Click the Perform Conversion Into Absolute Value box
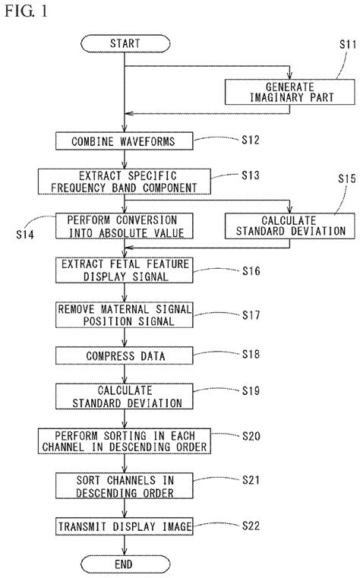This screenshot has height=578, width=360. (125, 226)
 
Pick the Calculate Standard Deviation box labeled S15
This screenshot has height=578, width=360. (285, 226)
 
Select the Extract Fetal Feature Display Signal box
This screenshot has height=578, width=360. (125, 269)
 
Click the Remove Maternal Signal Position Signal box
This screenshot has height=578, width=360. (125, 313)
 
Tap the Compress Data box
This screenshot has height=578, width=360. (125, 354)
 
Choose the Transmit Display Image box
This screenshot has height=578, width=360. (125, 525)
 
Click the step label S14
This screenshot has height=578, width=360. (25, 235)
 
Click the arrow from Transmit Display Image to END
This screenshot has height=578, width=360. (125, 545)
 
